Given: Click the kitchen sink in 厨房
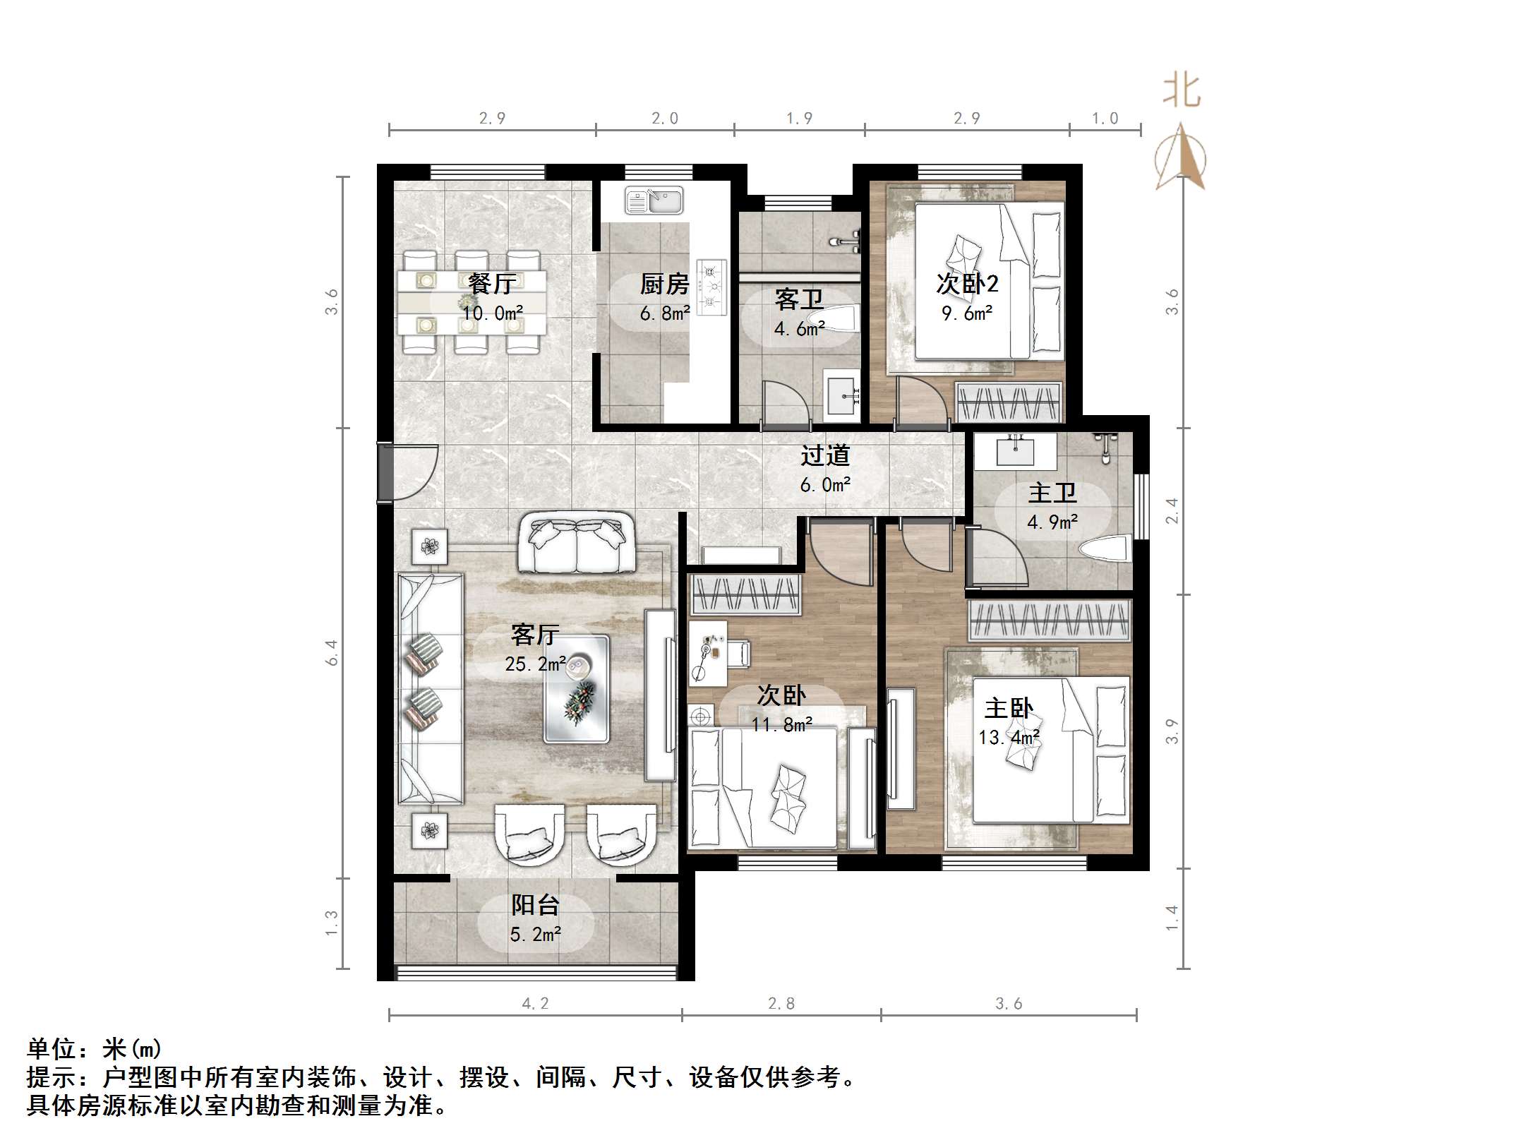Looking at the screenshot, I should pos(654,200).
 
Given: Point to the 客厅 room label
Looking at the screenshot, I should pos(535,635).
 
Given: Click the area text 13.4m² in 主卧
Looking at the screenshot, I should pos(1009,738).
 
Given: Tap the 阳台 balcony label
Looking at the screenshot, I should pos(535,904).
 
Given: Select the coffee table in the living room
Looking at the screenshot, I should pos(576,688).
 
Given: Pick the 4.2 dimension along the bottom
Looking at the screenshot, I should pos(535,1003).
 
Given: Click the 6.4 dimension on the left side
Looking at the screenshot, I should pos(332,652).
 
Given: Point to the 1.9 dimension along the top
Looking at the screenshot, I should pos(799,119).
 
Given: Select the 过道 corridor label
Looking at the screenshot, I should pos(824,456).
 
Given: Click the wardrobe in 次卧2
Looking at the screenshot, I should pos(1009,402).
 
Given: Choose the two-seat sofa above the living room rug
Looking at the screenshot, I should pos(576,544).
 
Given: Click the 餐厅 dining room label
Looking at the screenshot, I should pos(492,284).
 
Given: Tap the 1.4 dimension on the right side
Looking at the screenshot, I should pos(1172,918).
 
